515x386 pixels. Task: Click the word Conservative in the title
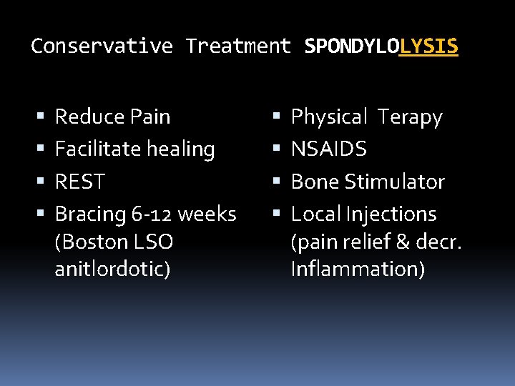tap(102, 46)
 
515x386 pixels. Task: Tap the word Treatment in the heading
tap(238, 46)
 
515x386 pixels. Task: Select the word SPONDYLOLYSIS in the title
tap(381, 46)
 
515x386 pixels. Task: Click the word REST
tap(80, 182)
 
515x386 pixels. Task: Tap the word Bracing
tap(90, 214)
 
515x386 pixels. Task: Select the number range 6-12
tap(152, 214)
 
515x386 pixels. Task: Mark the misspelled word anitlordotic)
tap(112, 269)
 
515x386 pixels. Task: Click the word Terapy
tap(410, 117)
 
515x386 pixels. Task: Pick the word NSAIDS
tap(329, 149)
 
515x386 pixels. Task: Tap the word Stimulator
tap(395, 182)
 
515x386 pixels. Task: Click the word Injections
tap(391, 214)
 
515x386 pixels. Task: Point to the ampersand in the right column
tap(403, 242)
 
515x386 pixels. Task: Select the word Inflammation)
tap(358, 269)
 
